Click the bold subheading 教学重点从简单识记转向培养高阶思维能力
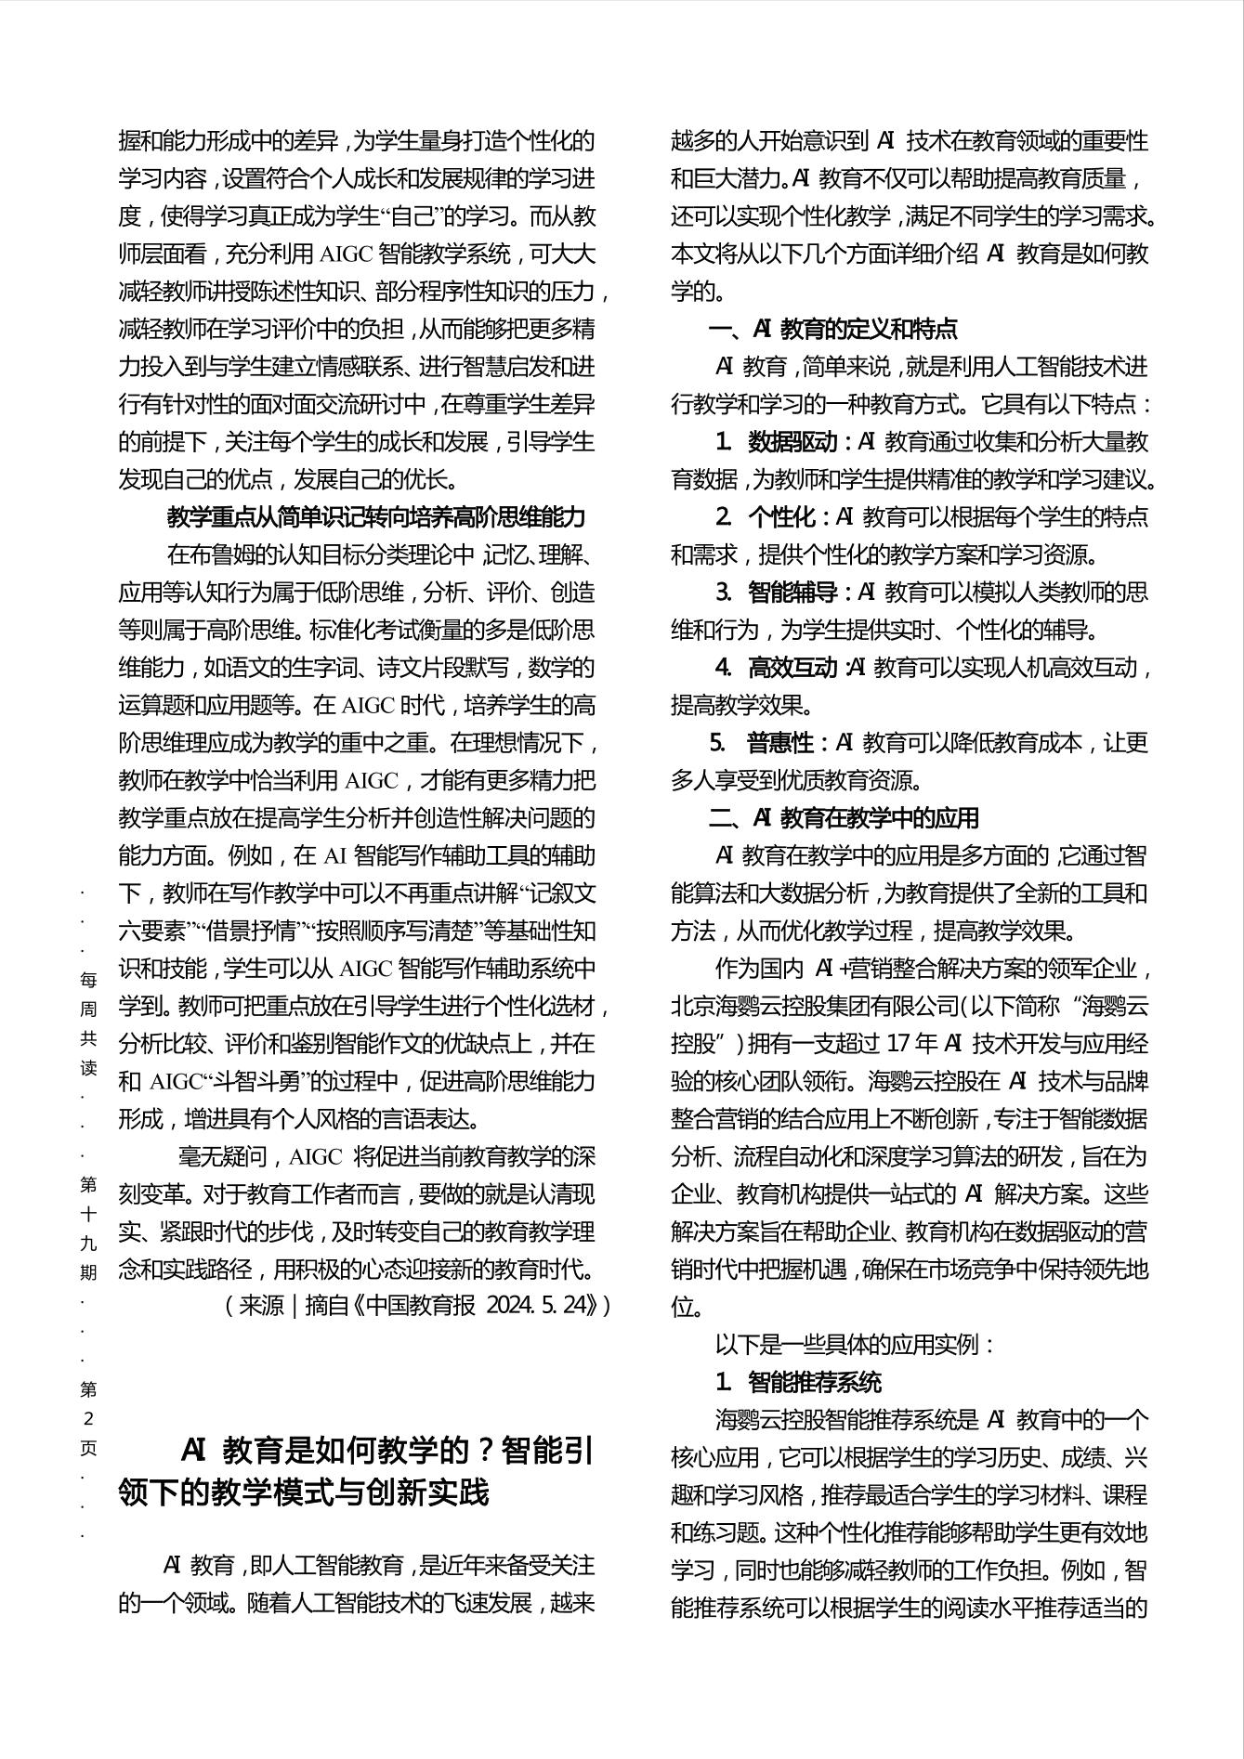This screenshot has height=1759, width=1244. pos(376,516)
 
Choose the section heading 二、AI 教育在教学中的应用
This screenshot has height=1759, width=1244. pos(843,817)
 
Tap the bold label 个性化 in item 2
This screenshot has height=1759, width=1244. pos(781,516)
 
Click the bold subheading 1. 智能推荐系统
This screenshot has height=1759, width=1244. pos(798,1382)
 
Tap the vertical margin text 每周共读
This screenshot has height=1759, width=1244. pos(88,1023)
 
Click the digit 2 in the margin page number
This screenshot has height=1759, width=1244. pos(88,1418)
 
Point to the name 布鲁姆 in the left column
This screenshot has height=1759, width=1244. pos(231,554)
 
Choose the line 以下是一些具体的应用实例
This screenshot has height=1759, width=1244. pos(855,1344)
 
